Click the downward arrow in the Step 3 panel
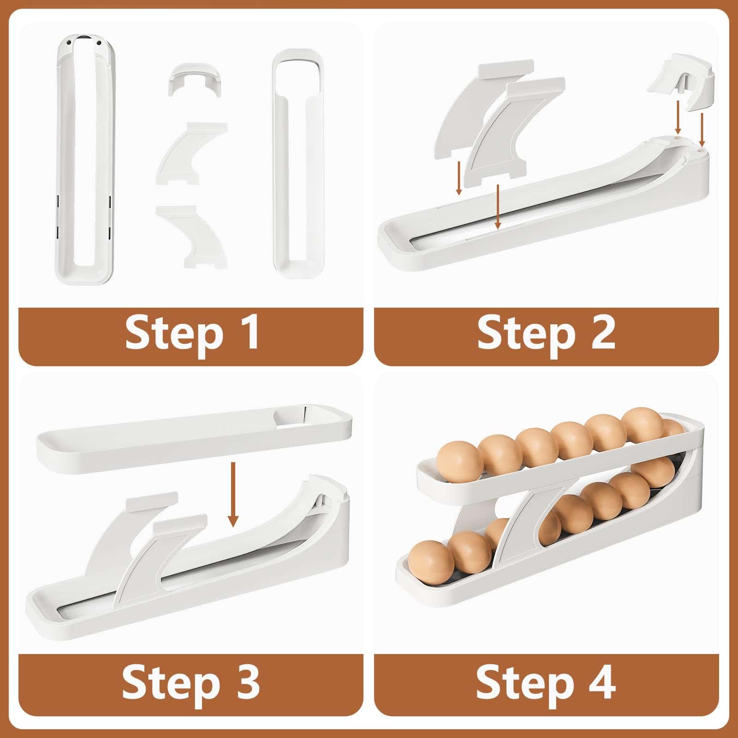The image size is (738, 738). click(233, 494)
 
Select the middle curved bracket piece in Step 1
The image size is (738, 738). click(191, 152)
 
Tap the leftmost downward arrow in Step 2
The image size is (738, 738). click(459, 177)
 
